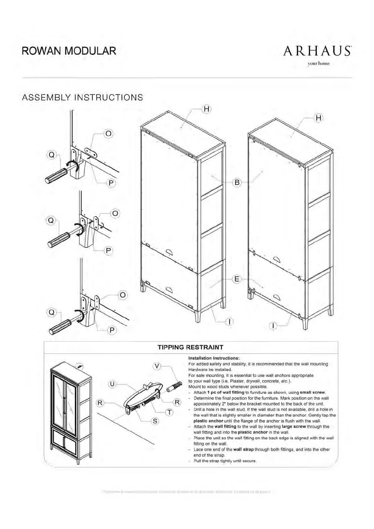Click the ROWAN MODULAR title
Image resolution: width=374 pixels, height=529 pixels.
[69, 51]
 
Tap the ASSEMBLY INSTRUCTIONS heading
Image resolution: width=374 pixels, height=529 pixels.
[83, 97]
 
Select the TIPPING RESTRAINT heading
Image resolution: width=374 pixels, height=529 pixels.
[190, 347]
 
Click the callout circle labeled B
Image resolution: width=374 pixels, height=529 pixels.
[237, 182]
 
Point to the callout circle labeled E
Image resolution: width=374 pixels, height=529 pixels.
[237, 279]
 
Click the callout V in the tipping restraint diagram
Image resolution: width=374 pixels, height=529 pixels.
[157, 366]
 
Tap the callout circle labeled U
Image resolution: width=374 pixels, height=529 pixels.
[113, 384]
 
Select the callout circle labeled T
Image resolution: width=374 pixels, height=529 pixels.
[169, 412]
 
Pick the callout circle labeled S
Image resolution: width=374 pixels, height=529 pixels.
[155, 421]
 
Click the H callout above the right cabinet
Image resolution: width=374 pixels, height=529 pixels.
[319, 118]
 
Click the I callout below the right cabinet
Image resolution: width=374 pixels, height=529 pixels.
[274, 326]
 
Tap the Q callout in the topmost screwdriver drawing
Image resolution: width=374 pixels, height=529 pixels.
[52, 155]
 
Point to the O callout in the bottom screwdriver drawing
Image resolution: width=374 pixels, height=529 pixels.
[123, 295]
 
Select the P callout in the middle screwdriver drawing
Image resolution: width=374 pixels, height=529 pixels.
[108, 250]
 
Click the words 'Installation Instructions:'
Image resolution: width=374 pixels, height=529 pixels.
[214, 358]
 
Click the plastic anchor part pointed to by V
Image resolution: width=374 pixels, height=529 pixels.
[174, 387]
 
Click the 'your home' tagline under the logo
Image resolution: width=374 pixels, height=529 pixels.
[319, 64]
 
